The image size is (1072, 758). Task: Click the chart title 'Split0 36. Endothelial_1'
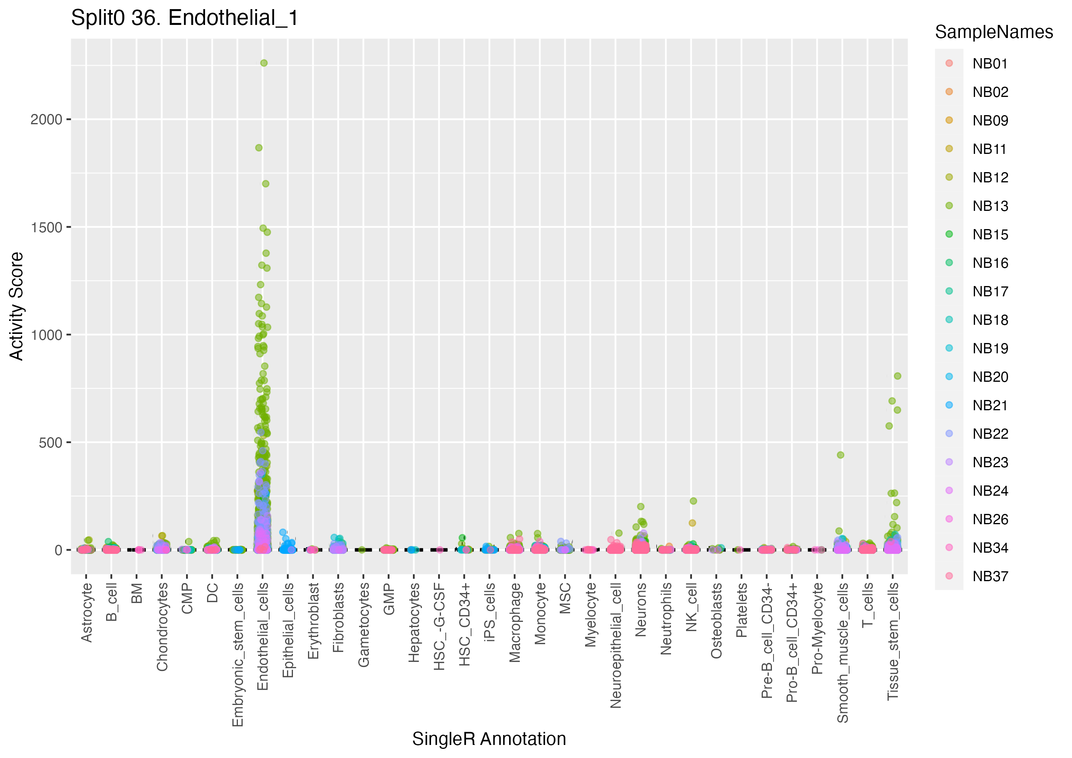(x=184, y=19)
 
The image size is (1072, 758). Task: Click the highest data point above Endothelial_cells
(x=264, y=63)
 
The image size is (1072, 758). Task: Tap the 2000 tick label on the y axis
(x=46, y=119)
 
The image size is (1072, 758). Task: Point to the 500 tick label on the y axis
(x=50, y=442)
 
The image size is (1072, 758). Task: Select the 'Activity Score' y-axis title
(x=16, y=306)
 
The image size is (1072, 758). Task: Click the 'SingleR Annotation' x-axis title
(x=489, y=739)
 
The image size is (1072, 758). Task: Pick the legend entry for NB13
(x=990, y=206)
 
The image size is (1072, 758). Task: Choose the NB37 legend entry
(x=990, y=576)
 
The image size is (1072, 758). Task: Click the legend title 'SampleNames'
(x=994, y=32)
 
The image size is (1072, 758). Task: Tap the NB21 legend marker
(x=949, y=405)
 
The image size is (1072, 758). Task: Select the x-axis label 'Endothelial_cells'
(x=263, y=636)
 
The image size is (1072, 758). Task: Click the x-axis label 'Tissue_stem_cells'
(x=893, y=641)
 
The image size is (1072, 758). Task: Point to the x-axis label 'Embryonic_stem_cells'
(x=238, y=654)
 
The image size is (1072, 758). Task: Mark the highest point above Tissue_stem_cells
(x=897, y=376)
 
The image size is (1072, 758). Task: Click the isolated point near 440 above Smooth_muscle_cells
(x=840, y=455)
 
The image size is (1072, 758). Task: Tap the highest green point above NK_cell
(x=693, y=501)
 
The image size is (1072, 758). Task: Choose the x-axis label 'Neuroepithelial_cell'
(x=616, y=644)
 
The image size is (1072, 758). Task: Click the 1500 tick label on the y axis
(x=46, y=227)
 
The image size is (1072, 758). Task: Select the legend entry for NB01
(x=990, y=63)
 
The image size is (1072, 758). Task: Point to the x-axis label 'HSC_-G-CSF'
(x=439, y=626)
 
